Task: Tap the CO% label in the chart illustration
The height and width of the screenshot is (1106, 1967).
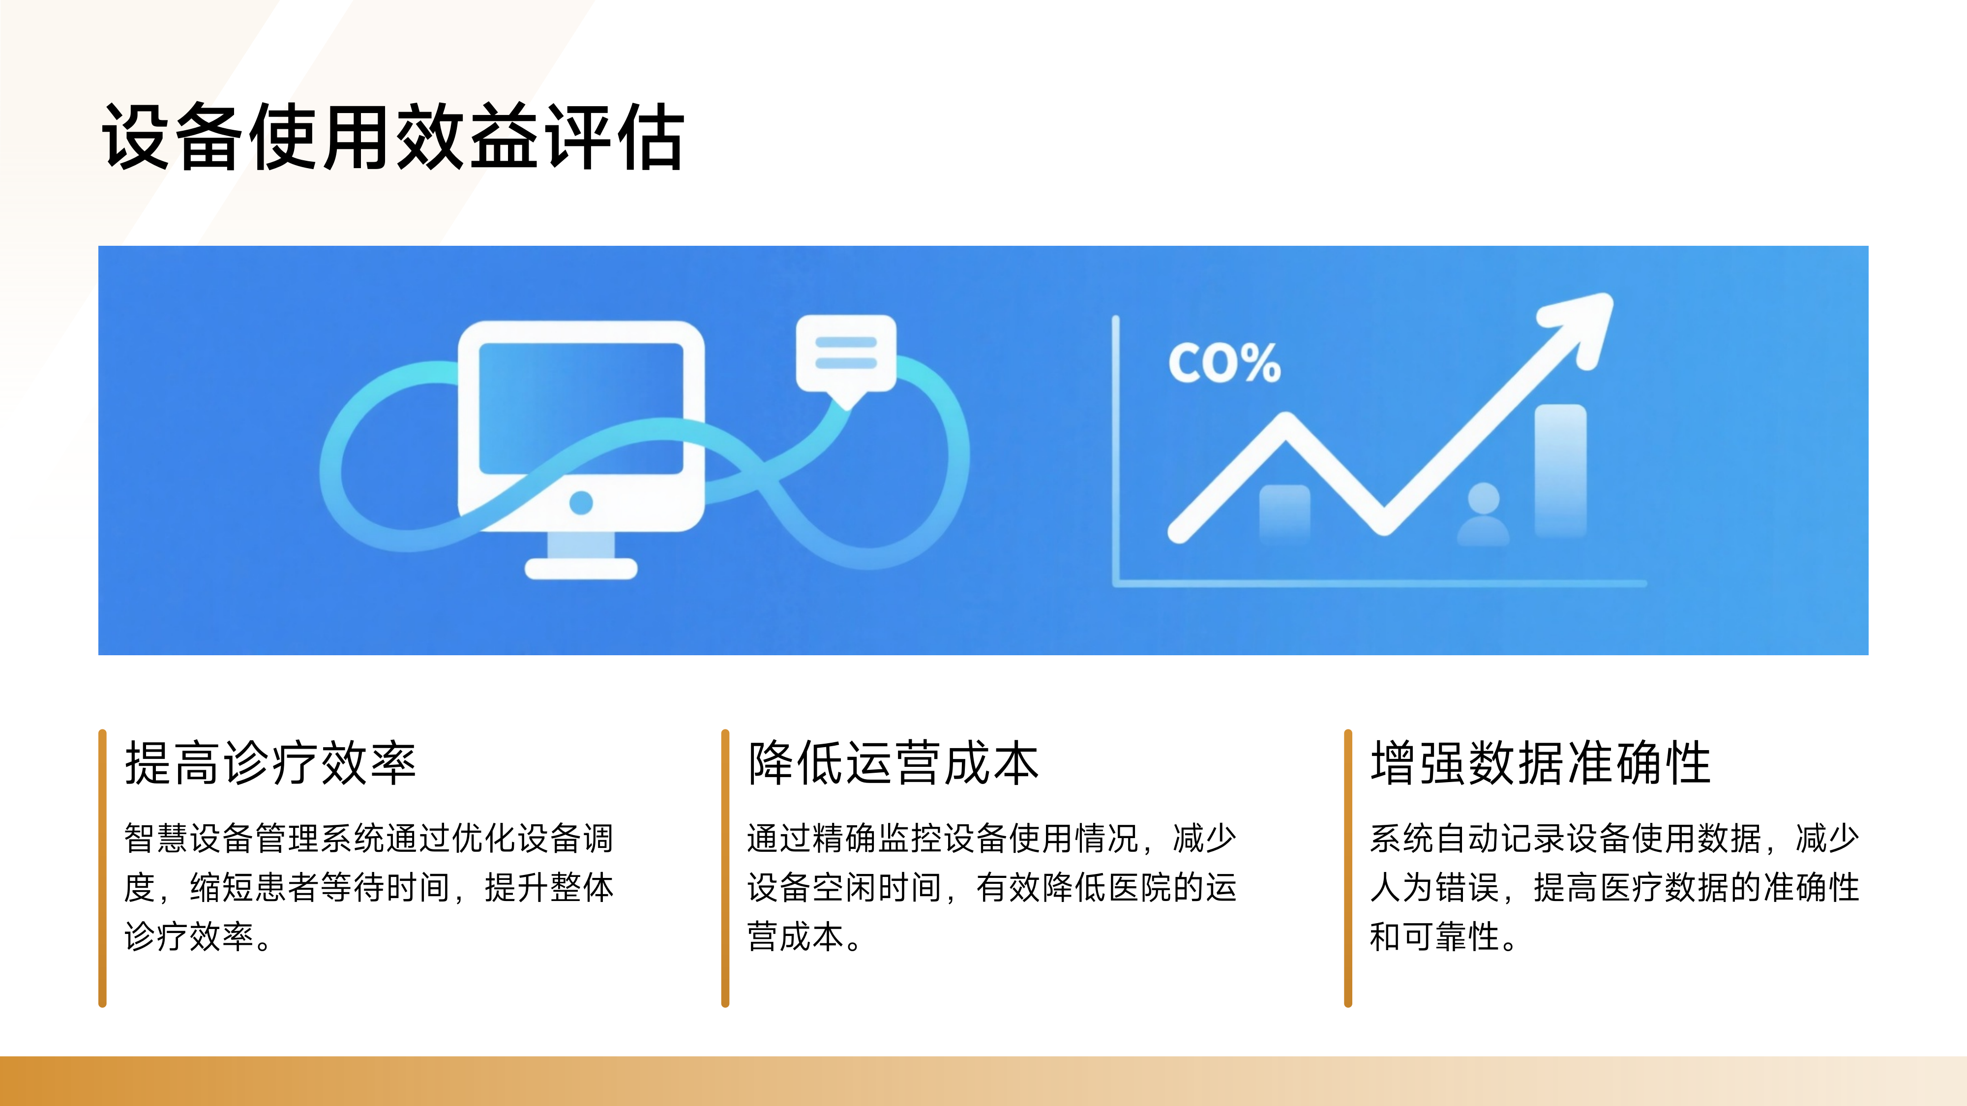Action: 1223,363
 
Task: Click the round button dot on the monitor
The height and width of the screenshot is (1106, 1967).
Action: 581,502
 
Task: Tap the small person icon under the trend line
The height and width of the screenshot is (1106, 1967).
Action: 1483,515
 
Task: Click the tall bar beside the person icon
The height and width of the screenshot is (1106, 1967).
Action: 1560,469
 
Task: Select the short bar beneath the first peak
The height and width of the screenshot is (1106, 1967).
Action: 1284,511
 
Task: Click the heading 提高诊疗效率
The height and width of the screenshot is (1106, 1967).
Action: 270,763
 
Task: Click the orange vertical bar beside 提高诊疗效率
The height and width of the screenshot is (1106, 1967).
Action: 102,868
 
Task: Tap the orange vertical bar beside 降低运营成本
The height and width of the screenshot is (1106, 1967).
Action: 725,868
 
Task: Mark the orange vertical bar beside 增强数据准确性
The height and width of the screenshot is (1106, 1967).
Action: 1348,868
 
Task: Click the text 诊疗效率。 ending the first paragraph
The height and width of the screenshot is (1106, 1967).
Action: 198,936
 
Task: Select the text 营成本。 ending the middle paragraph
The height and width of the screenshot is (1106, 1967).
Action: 804,936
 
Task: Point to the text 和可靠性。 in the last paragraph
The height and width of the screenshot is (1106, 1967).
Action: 1443,936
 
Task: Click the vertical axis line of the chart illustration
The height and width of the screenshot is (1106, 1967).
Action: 1116,450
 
